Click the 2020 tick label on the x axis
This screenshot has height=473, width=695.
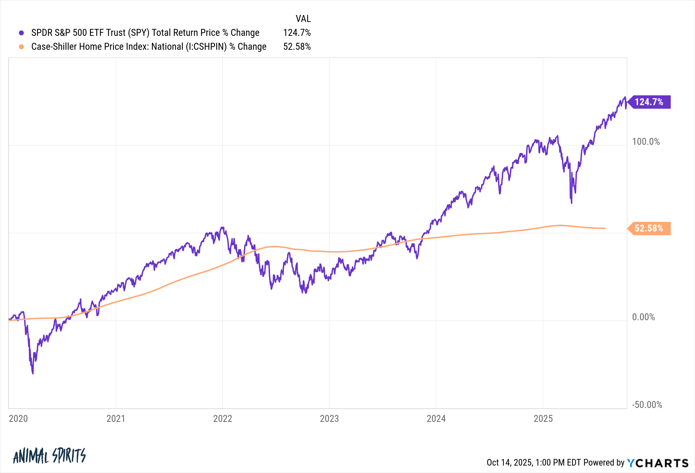(18, 418)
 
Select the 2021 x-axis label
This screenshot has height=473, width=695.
(116, 418)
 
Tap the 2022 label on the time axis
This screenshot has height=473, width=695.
(222, 418)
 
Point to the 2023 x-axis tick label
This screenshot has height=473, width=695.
(329, 418)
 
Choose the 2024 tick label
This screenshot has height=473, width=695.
(436, 418)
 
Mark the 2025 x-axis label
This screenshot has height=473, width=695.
(543, 418)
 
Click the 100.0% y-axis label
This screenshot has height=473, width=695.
(646, 142)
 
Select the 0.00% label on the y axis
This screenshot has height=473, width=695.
(643, 317)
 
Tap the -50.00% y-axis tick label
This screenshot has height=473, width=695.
(647, 405)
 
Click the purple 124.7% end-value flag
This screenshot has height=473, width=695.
(649, 102)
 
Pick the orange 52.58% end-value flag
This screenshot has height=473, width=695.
(649, 228)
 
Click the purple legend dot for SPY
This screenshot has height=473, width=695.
(22, 33)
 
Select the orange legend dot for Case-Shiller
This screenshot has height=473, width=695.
(22, 47)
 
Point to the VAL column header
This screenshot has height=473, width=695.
(303, 18)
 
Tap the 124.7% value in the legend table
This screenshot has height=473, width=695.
(297, 33)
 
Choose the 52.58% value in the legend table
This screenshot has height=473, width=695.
(297, 47)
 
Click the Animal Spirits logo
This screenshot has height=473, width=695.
(49, 456)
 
